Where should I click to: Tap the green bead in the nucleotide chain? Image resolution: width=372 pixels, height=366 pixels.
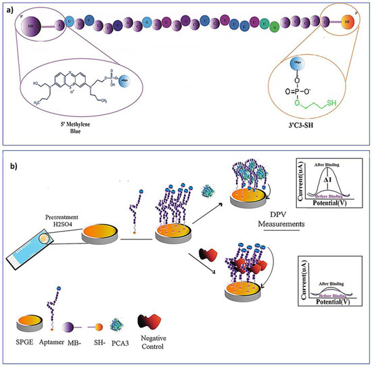274,28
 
